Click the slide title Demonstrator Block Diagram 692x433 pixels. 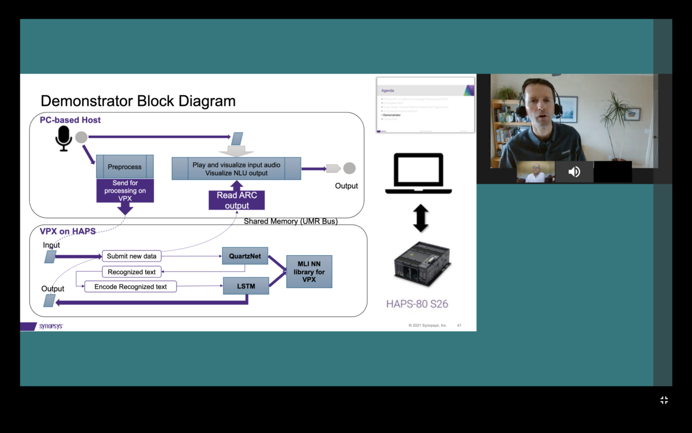click(138, 101)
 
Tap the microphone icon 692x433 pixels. click(63, 139)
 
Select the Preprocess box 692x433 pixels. click(125, 167)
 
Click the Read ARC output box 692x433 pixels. click(236, 200)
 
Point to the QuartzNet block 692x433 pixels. click(245, 256)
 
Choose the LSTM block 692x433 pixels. click(246, 285)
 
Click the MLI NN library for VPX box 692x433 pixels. click(309, 272)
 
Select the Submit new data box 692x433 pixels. click(131, 256)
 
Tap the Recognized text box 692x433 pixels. click(132, 272)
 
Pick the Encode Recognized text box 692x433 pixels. click(130, 286)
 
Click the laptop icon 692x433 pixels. click(418, 173)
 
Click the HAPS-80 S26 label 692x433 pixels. click(417, 304)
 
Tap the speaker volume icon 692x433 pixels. click(574, 172)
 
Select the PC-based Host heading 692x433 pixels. click(70, 120)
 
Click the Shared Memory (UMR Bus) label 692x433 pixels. click(291, 221)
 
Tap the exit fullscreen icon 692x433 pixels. click(664, 400)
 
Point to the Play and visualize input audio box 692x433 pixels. click(236, 169)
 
